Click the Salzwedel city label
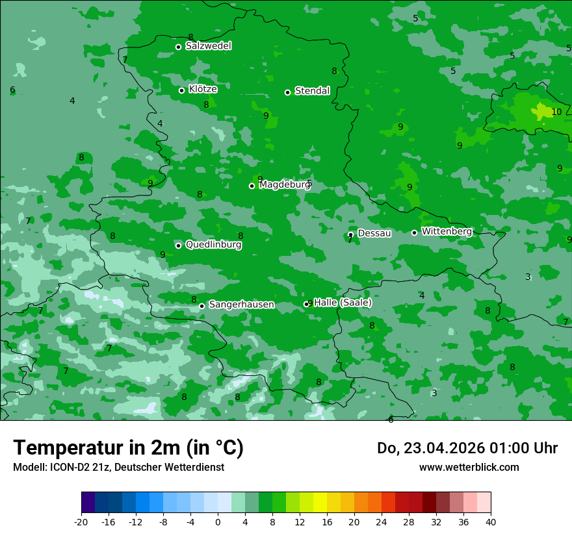pos(208,46)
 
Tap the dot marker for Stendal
pos(287,92)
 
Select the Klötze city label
pos(203,89)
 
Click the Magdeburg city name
pos(285,185)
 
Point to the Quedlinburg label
pos(213,245)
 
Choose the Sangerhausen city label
pos(241,305)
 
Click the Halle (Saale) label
pos(343,303)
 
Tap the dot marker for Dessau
pos(350,234)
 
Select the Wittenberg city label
pos(447,231)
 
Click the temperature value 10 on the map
pos(556,112)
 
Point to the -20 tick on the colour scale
pos(81,521)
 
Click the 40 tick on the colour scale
pos(491,521)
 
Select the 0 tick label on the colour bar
pos(218,521)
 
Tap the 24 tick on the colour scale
pos(382,521)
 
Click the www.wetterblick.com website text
pos(469,467)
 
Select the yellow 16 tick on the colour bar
pos(327,521)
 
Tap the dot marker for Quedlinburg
pos(178,245)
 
